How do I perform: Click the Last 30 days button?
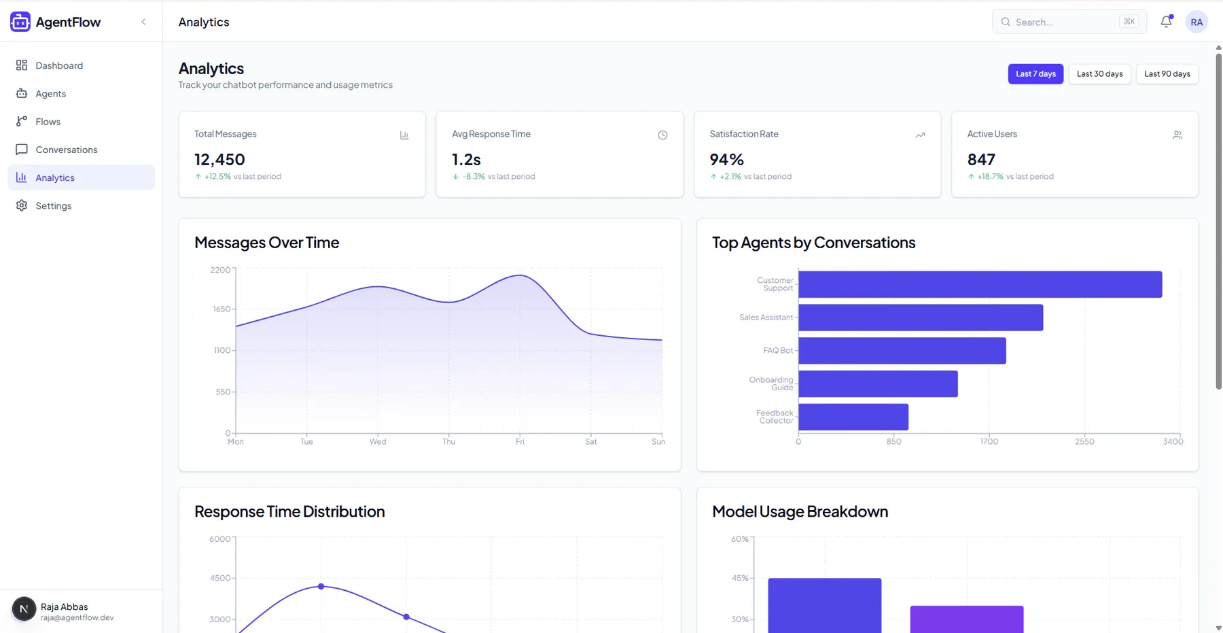(x=1099, y=73)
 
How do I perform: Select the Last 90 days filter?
(x=1167, y=73)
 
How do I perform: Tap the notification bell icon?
(x=1166, y=22)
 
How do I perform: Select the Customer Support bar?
(x=980, y=284)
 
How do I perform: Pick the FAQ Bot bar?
(x=902, y=351)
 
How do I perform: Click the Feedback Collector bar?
(x=853, y=417)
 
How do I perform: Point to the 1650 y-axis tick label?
(x=221, y=309)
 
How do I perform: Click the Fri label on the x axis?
(x=520, y=442)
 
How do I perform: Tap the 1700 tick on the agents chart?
(x=989, y=442)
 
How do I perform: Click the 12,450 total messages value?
(x=219, y=159)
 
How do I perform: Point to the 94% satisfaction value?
(x=726, y=159)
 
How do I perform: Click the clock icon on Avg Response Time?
(x=662, y=135)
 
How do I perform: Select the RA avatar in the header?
(x=1197, y=22)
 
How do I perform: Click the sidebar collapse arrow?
(x=143, y=22)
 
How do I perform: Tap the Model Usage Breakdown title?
(x=800, y=511)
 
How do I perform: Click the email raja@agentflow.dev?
(x=77, y=618)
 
